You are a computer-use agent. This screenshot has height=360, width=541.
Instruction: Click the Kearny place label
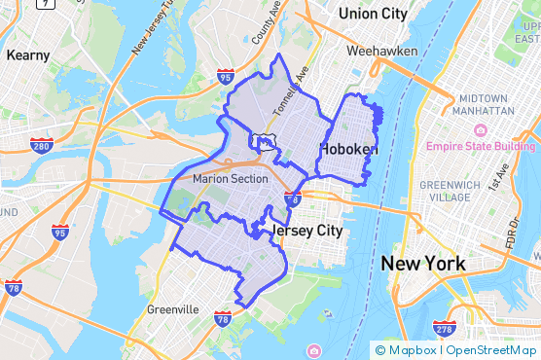point(27,55)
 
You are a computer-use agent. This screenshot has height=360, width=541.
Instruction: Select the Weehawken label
point(386,51)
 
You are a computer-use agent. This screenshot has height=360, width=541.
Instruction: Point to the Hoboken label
point(348,150)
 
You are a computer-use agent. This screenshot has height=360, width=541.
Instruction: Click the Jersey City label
point(308,231)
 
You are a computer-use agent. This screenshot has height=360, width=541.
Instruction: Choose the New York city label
point(423,264)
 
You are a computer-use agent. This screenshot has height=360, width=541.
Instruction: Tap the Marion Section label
point(230,179)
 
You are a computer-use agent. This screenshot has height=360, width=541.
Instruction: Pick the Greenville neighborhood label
point(172,309)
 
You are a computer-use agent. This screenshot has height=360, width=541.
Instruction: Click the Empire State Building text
point(481,147)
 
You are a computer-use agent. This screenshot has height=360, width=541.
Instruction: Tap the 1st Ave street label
point(502,181)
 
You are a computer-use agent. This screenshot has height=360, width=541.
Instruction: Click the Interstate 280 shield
point(42,146)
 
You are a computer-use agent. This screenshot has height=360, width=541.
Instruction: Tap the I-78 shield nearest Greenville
point(222,318)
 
